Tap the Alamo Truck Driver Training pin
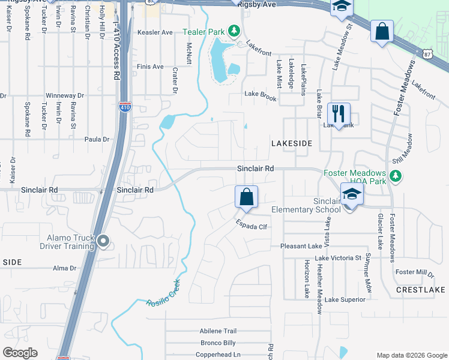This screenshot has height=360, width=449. coord(103,241)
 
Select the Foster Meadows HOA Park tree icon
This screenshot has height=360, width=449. coord(395,175)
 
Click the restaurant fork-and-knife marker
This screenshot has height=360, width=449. coord(339,113)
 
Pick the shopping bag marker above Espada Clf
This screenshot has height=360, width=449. coord(246,197)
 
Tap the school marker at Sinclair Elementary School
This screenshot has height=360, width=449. coord(352,194)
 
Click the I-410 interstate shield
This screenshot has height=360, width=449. coord(124,107)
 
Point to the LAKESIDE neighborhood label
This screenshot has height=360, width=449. coord(292,143)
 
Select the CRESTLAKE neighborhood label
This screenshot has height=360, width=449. coord(420,289)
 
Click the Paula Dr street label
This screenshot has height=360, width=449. coord(97,139)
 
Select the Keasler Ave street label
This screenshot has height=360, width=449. coord(155,32)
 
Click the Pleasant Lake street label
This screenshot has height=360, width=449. coord(301,246)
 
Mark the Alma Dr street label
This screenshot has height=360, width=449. coord(65,268)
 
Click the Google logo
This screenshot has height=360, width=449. coord(20,353)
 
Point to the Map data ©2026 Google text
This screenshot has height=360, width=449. coord(411,355)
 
